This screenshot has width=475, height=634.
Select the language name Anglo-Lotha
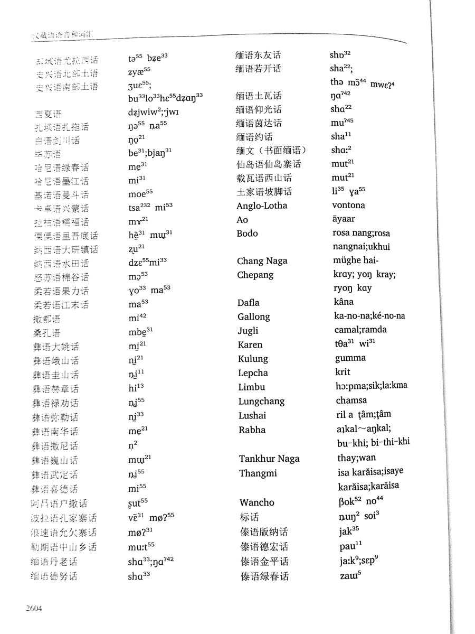pos(262,206)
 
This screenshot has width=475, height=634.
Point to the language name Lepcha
pos(253,373)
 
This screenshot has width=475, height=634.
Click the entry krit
pos(343,372)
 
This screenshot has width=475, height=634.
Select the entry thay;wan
pos(356,458)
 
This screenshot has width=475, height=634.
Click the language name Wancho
pos(256,502)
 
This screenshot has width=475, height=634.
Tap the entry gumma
pos(350,358)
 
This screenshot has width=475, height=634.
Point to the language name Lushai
pos(252,416)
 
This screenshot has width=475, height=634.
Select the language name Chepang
pos(255,275)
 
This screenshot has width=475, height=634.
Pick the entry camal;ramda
pos(360,330)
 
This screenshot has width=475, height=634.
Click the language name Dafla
pos(250,303)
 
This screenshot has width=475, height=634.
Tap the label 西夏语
pos(47,114)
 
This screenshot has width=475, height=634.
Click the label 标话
pos(250,517)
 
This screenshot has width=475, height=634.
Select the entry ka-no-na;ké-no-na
pos(369,316)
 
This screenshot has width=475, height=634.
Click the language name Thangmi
pos(258,473)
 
